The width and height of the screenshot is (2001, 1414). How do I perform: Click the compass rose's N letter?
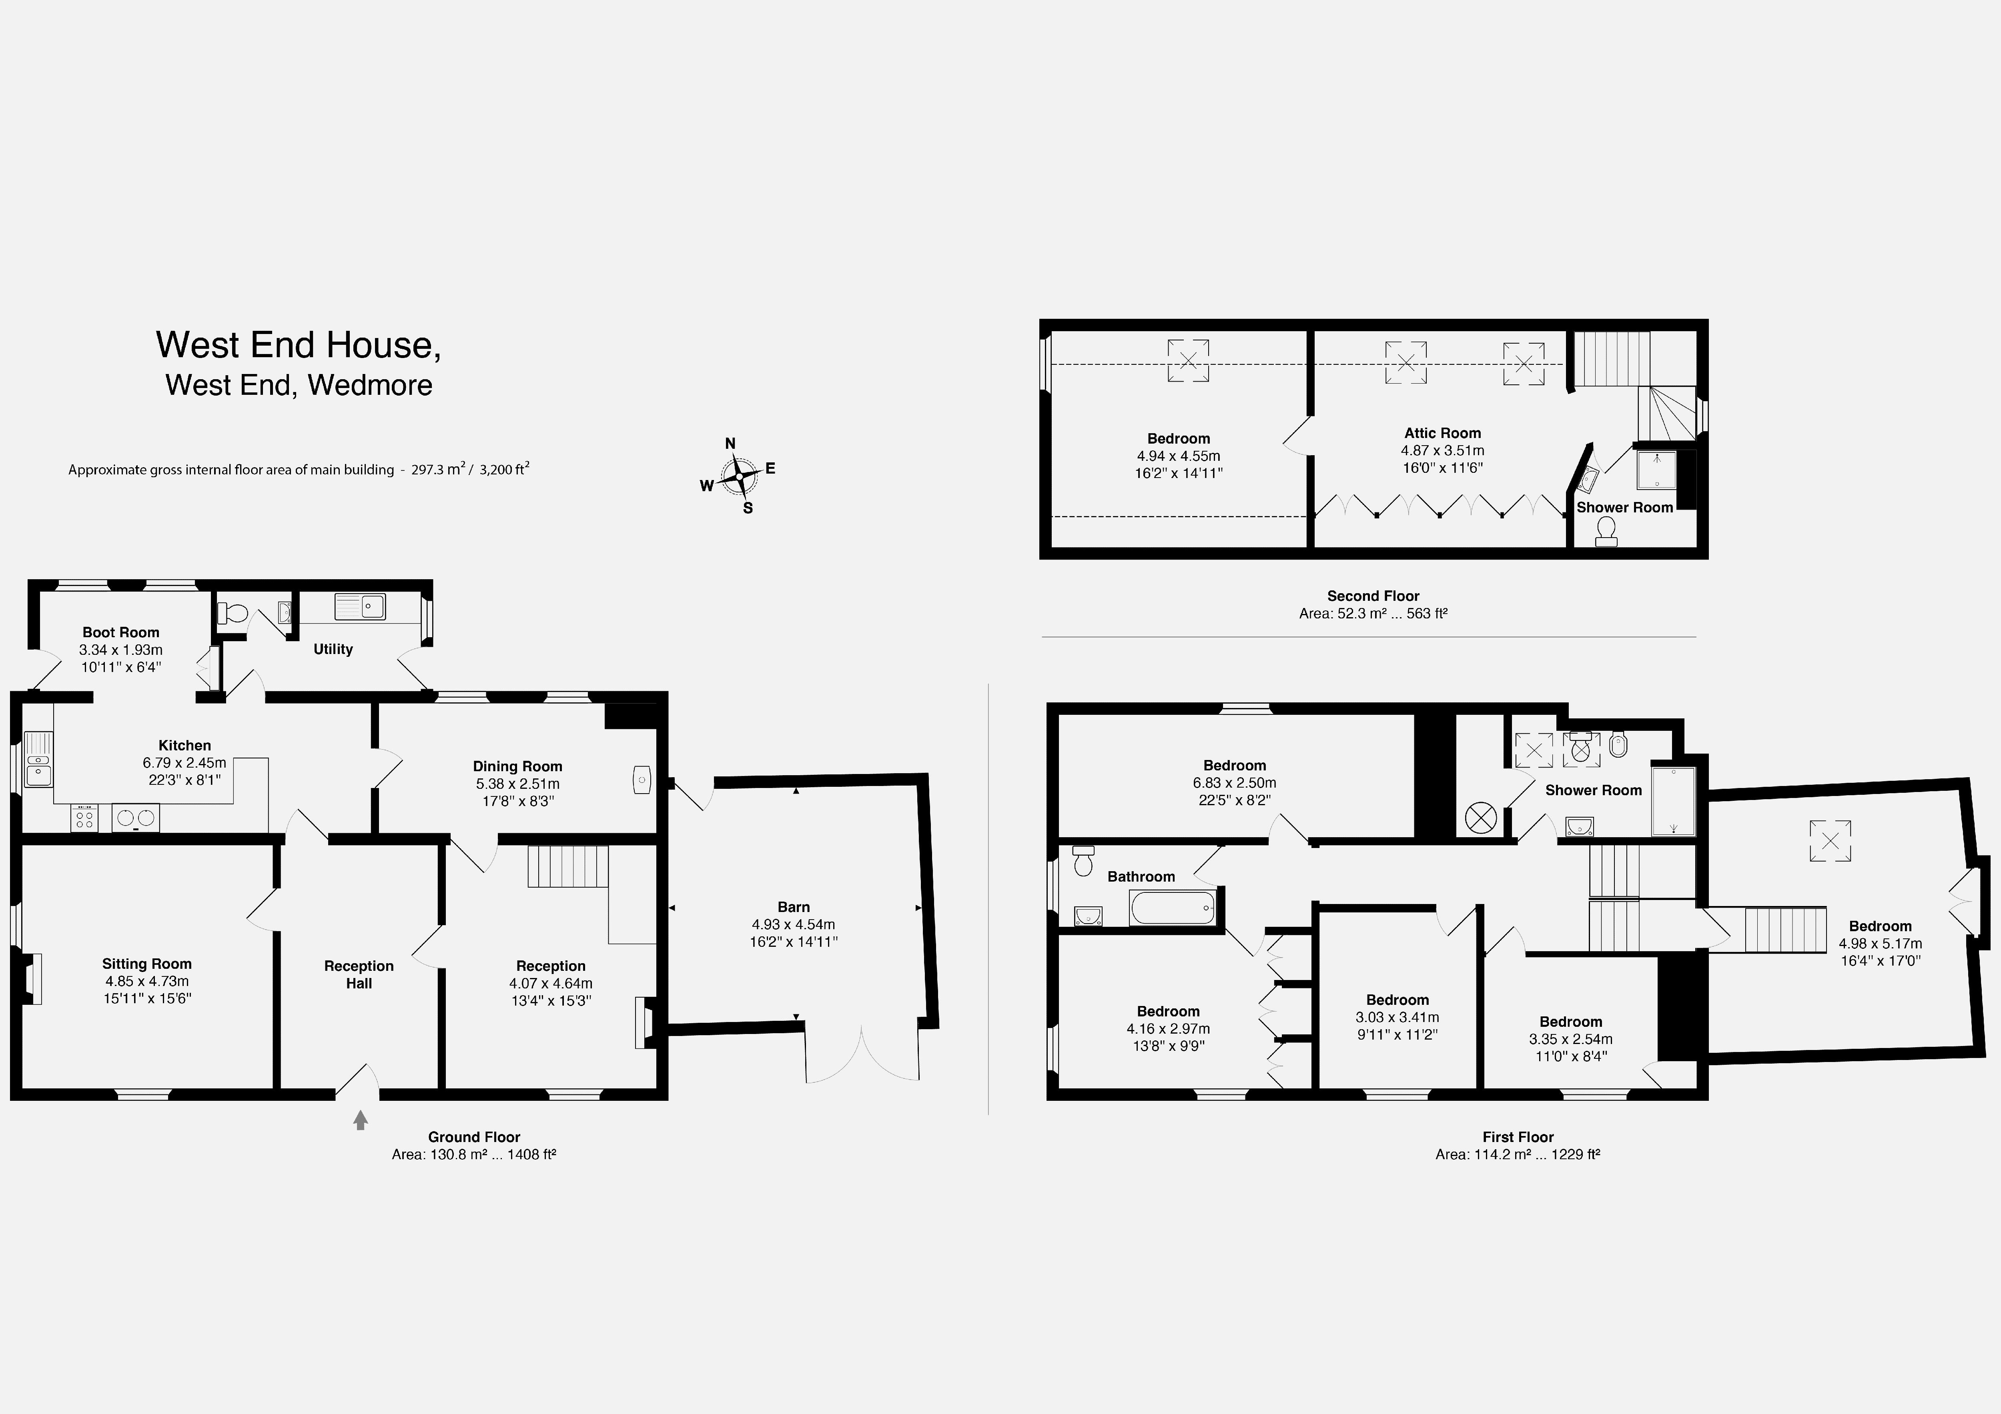tap(730, 444)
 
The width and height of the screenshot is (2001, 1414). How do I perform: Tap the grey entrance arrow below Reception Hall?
tap(360, 1120)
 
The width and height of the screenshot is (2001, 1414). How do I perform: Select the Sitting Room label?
tap(146, 964)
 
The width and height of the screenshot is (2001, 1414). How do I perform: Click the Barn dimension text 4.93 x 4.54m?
tap(793, 924)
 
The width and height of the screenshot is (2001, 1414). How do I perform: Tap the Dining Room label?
tap(518, 767)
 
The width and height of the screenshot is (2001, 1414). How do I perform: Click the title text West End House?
tap(298, 345)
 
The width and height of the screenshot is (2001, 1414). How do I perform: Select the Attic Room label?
tap(1442, 433)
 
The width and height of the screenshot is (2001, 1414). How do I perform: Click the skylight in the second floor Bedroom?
tap(1188, 361)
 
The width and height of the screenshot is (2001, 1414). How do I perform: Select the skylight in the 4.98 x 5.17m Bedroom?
tap(1830, 841)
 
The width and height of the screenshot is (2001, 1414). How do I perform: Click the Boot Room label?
tap(121, 632)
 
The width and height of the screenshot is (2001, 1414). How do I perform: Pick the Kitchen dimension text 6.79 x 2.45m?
tap(185, 762)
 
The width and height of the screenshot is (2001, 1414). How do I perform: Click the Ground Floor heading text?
tap(474, 1137)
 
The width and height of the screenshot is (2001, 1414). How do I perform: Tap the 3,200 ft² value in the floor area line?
tap(504, 470)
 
